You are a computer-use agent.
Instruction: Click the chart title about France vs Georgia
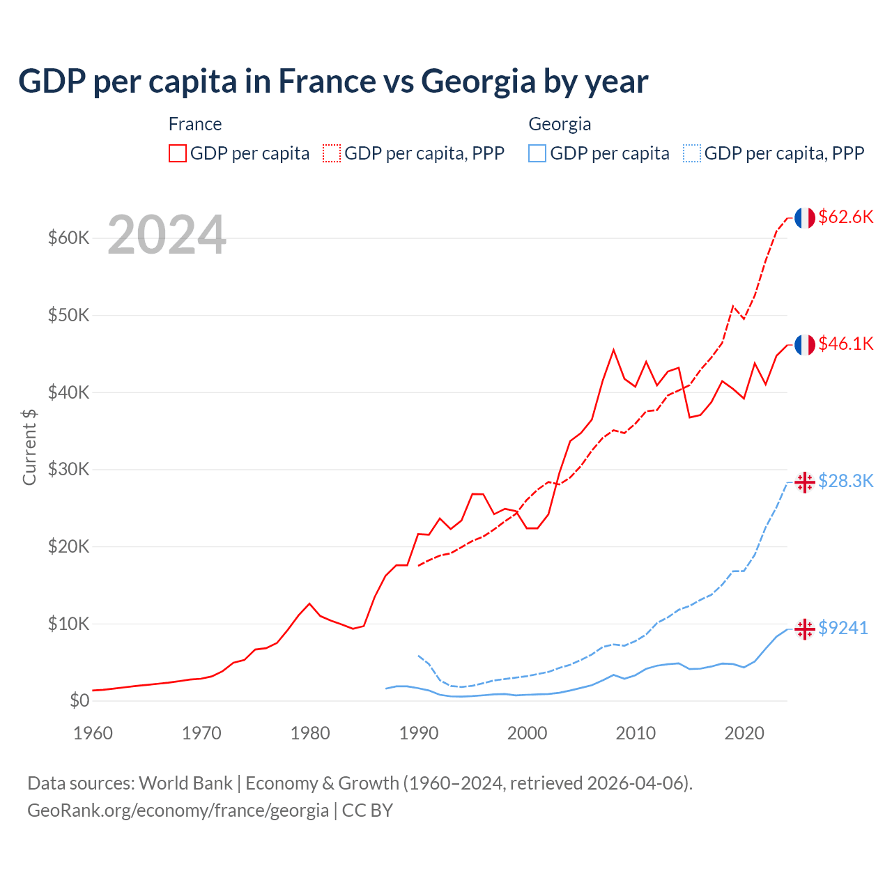point(333,82)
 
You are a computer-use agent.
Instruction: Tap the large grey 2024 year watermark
point(167,236)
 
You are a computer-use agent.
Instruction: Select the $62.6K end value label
point(845,217)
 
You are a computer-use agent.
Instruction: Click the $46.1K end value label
point(845,344)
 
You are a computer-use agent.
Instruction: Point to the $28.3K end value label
point(845,481)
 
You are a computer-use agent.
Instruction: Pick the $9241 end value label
point(843,628)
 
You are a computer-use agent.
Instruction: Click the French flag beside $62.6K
point(805,218)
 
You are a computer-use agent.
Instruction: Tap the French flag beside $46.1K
point(805,345)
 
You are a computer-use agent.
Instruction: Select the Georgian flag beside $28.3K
point(805,482)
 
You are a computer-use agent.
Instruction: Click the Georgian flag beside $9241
point(805,629)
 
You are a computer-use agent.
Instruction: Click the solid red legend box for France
point(178,153)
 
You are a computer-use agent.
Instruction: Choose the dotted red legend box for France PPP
point(332,153)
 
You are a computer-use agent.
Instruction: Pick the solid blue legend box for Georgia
point(537,153)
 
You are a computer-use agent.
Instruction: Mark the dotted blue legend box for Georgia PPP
point(692,153)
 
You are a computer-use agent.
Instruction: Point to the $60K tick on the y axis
point(68,238)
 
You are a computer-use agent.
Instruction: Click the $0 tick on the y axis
point(79,700)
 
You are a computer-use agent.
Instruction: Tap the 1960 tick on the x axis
point(93,733)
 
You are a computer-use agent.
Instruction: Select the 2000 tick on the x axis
point(528,733)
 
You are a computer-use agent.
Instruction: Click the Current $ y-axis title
point(29,447)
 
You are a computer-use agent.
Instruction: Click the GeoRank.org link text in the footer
point(178,810)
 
